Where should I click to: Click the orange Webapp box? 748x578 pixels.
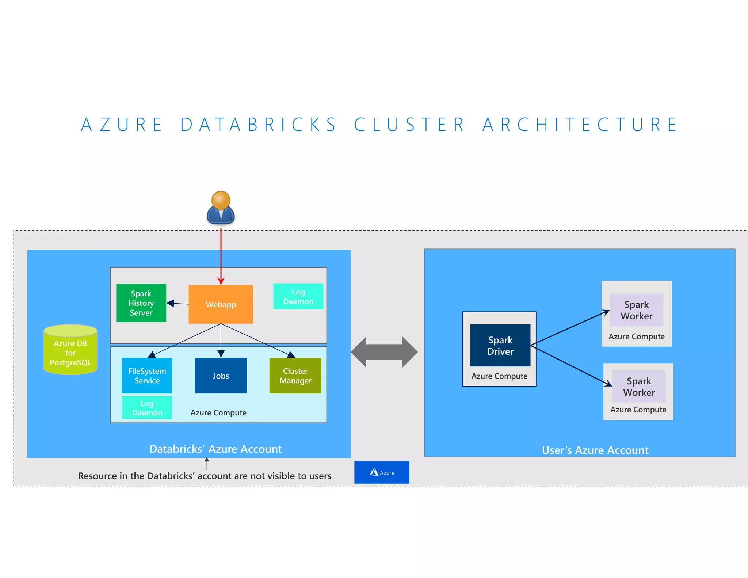point(221,304)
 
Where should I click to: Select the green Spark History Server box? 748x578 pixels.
point(141,303)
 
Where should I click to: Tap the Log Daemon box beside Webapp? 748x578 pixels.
point(298,296)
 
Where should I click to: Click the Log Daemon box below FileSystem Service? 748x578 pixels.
point(147,408)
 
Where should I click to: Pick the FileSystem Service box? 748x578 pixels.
point(147,376)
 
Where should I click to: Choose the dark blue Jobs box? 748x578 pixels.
point(221,376)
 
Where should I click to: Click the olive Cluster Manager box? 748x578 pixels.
point(295,376)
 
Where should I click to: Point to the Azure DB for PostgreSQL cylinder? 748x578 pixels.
point(70,351)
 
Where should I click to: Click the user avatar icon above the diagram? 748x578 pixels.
point(221,208)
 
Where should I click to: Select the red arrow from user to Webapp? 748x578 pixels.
point(221,256)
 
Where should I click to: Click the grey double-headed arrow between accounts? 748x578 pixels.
point(384,352)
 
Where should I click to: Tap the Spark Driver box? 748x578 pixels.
point(500,346)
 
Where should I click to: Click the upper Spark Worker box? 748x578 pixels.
point(636,310)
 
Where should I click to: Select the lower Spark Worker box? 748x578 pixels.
point(638,387)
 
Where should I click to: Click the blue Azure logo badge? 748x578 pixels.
point(381,472)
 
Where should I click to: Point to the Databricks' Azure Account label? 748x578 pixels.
point(215,449)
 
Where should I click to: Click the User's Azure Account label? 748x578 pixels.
point(595,450)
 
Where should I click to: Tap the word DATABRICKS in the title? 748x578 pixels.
point(258,125)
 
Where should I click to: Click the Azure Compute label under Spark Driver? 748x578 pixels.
point(499,376)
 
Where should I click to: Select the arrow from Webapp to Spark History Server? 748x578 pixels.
point(178,303)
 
